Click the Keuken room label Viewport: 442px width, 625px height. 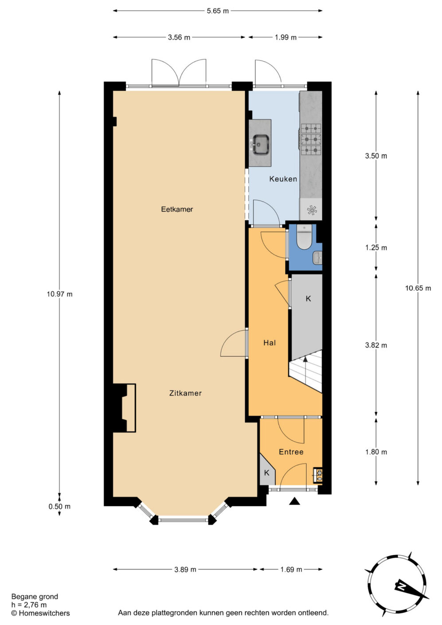click(283, 179)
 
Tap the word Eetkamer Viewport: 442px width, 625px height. click(177, 209)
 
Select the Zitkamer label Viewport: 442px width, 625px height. click(185, 393)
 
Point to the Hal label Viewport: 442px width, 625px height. click(270, 343)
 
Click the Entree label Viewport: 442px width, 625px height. click(291, 452)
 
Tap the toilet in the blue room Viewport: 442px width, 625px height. click(304, 238)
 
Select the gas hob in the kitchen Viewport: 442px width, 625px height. click(311, 139)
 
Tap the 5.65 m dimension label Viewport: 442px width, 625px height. click(218, 11)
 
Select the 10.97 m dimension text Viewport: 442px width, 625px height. click(59, 294)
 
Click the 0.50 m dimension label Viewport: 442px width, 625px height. click(59, 506)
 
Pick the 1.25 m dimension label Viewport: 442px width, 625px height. click(376, 247)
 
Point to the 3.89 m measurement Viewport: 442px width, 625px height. click(185, 570)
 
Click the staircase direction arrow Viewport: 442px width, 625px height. click(305, 371)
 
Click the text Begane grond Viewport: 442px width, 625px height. click(35, 597)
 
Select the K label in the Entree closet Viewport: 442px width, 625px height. click(267, 473)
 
